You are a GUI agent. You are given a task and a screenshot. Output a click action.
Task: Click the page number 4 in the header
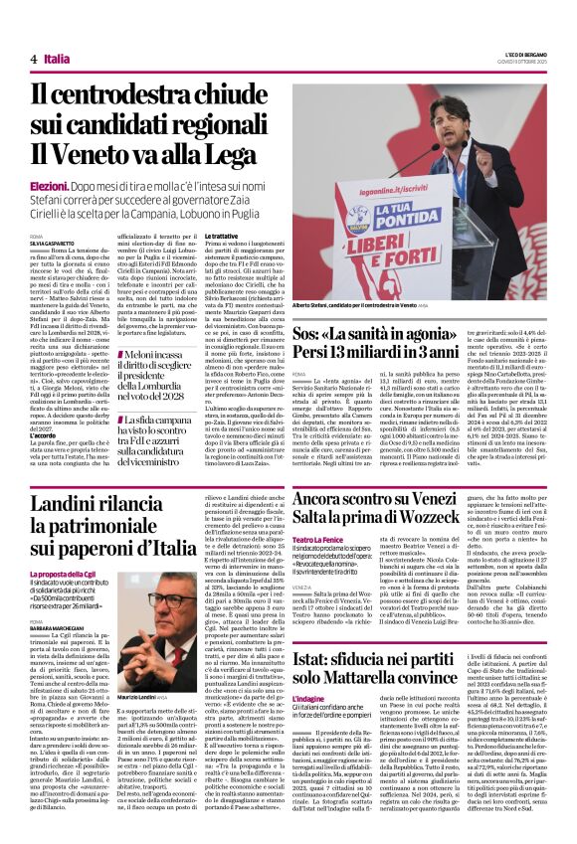(x=34, y=60)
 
